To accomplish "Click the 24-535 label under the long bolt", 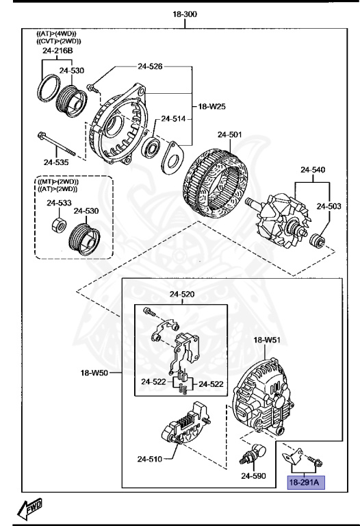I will coord(56,162).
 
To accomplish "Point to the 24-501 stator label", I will coord(229,135).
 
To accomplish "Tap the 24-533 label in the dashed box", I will coord(59,203).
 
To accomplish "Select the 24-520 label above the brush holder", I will coord(182,295).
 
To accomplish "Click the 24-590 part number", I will coord(253,475).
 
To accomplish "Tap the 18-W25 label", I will coord(212,107).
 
